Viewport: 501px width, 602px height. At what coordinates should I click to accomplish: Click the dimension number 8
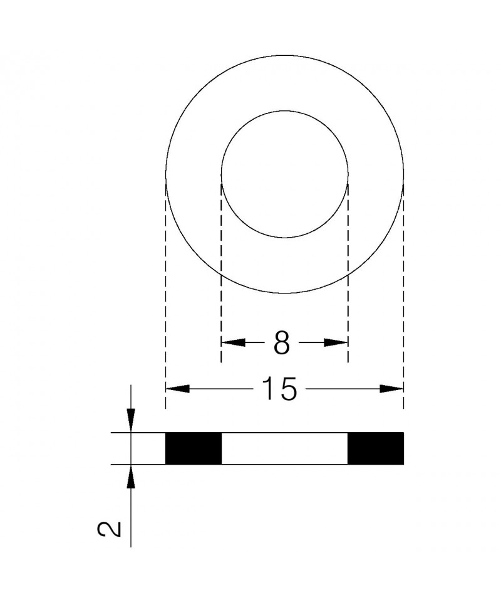pyautogui.click(x=282, y=343)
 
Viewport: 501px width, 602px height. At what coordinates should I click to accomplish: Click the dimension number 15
pyautogui.click(x=279, y=389)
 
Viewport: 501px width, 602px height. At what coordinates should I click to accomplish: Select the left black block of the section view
pyautogui.click(x=194, y=448)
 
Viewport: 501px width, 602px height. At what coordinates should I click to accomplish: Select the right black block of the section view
pyautogui.click(x=376, y=448)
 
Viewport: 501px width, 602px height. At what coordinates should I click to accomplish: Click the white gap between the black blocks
pyautogui.click(x=284, y=448)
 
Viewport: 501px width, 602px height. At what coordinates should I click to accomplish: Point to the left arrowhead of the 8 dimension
pyautogui.click(x=234, y=342)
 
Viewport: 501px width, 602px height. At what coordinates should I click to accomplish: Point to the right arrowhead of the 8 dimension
pyautogui.click(x=336, y=342)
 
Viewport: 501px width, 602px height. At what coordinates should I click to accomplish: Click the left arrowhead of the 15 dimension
pyautogui.click(x=177, y=389)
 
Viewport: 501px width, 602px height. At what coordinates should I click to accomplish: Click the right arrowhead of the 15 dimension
pyautogui.click(x=392, y=389)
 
